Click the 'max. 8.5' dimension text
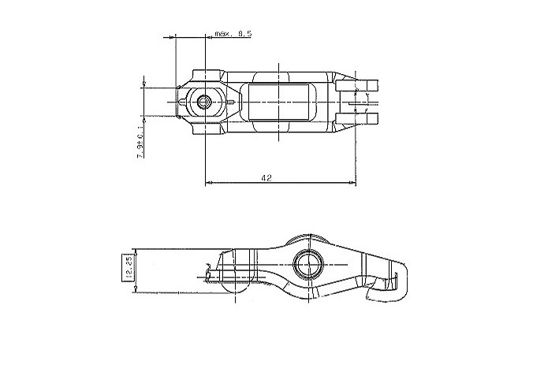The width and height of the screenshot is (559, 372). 233,34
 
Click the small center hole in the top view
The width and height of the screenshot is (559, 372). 205,101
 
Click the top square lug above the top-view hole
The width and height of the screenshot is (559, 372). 205,76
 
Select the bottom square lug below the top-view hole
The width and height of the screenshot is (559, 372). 205,126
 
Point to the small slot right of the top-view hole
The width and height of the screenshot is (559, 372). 231,100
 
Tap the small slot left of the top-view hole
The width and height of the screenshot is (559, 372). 184,102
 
